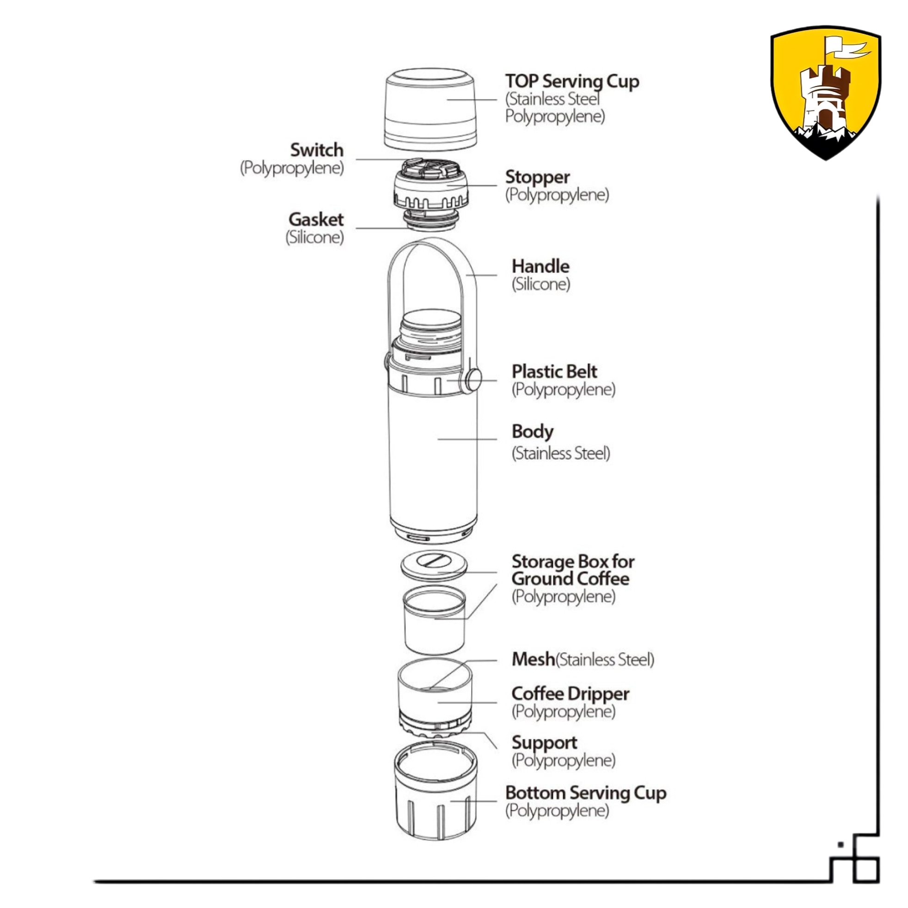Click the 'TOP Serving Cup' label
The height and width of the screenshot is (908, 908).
click(x=572, y=81)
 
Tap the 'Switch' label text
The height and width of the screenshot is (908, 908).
click(x=317, y=150)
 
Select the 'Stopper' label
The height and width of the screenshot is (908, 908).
click(x=537, y=177)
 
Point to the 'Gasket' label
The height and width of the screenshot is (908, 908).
click(x=316, y=220)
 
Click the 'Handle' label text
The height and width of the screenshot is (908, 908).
click(x=540, y=266)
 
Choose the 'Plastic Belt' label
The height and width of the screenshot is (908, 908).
click(x=554, y=372)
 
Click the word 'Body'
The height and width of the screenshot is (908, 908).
click(x=533, y=431)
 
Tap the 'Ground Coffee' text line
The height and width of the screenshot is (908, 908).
click(x=570, y=578)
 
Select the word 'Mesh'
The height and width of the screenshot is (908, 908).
click(x=533, y=659)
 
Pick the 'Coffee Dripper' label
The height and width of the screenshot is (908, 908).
click(x=570, y=693)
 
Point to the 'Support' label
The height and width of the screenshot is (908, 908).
click(x=544, y=742)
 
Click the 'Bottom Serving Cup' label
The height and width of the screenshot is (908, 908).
click(x=586, y=793)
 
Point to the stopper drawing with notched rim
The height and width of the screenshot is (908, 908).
click(x=431, y=188)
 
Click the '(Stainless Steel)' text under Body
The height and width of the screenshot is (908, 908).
click(x=561, y=454)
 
